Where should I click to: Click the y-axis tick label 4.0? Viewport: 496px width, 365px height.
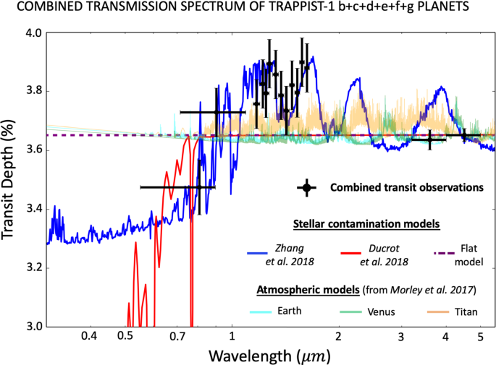31,33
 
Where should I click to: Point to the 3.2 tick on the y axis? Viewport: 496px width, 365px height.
31,268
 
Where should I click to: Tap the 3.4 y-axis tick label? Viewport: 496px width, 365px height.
31,210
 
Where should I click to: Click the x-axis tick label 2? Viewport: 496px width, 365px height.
338,337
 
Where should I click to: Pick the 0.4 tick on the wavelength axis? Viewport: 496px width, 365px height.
89,337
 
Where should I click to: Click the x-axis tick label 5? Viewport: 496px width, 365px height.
479,337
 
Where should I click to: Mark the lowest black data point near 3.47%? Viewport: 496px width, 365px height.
200,187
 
